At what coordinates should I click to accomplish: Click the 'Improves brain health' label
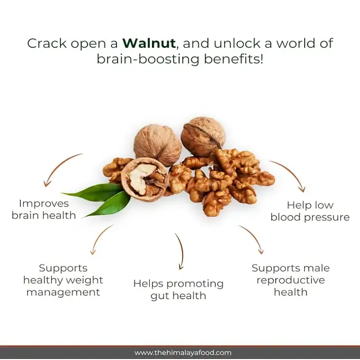click(44, 209)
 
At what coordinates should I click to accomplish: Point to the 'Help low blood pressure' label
click(310, 211)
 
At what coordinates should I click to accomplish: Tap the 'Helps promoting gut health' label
click(179, 290)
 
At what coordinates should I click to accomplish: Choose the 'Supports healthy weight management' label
click(63, 280)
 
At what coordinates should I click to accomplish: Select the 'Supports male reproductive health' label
click(291, 280)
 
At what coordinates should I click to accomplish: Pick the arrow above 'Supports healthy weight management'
click(101, 238)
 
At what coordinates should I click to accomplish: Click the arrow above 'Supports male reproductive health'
click(252, 238)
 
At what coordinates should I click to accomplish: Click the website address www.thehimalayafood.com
click(183, 353)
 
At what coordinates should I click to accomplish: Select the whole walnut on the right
click(202, 136)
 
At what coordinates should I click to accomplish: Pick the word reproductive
click(291, 280)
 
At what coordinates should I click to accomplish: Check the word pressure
click(330, 217)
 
